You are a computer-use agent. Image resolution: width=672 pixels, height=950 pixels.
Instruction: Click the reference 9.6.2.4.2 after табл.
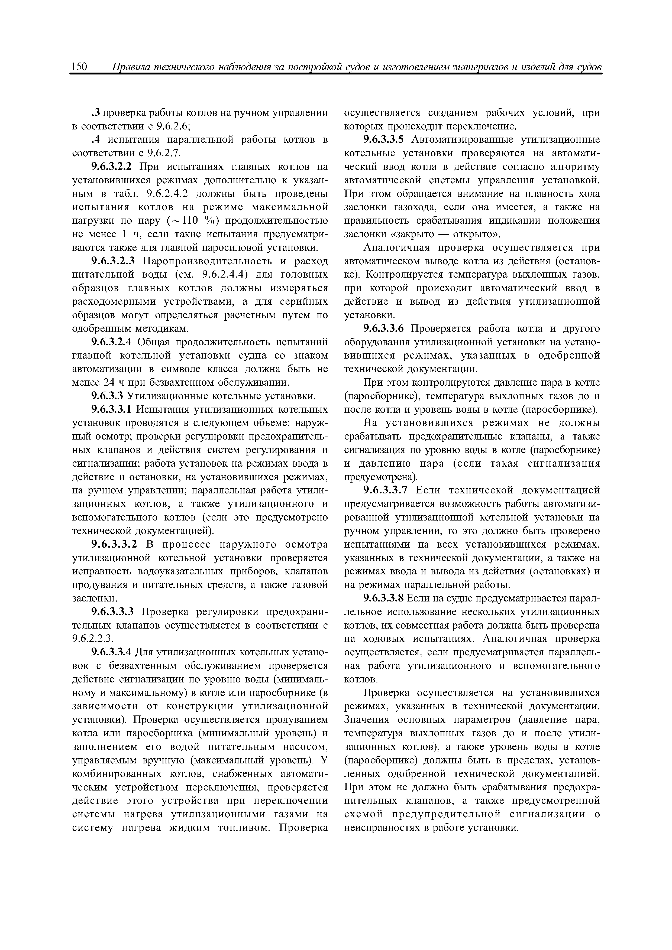[x=165, y=194]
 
